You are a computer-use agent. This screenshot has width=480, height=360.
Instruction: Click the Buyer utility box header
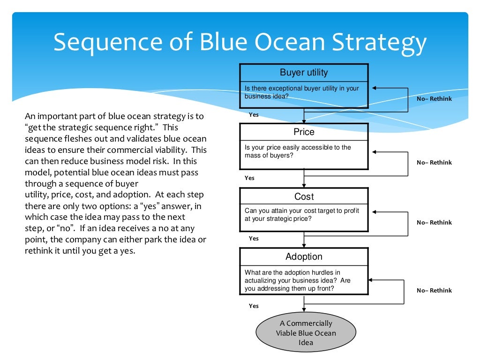[304, 73]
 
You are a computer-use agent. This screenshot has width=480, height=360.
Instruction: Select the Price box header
[304, 132]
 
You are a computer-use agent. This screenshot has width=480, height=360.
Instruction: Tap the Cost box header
[304, 196]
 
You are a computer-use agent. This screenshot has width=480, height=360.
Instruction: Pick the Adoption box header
[304, 256]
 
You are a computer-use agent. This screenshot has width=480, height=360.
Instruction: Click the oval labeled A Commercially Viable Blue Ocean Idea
[306, 333]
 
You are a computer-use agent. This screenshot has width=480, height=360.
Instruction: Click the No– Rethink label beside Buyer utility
[434, 99]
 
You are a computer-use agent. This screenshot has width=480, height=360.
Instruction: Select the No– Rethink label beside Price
[434, 163]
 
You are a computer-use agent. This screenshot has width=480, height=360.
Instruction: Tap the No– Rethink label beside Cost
[434, 223]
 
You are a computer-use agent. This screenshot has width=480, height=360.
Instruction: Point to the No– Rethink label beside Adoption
[434, 291]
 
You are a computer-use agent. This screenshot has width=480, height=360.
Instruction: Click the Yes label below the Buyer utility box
[254, 115]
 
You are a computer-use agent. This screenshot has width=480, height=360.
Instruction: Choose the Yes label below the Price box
[250, 178]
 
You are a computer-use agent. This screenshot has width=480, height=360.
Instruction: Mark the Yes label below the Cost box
[254, 239]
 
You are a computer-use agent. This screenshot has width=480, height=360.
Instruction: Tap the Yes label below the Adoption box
[254, 306]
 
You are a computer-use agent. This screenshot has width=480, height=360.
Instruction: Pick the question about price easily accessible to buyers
[298, 151]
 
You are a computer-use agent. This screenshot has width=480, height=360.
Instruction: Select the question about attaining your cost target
[301, 215]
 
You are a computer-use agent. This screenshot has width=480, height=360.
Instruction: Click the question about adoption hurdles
[298, 280]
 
